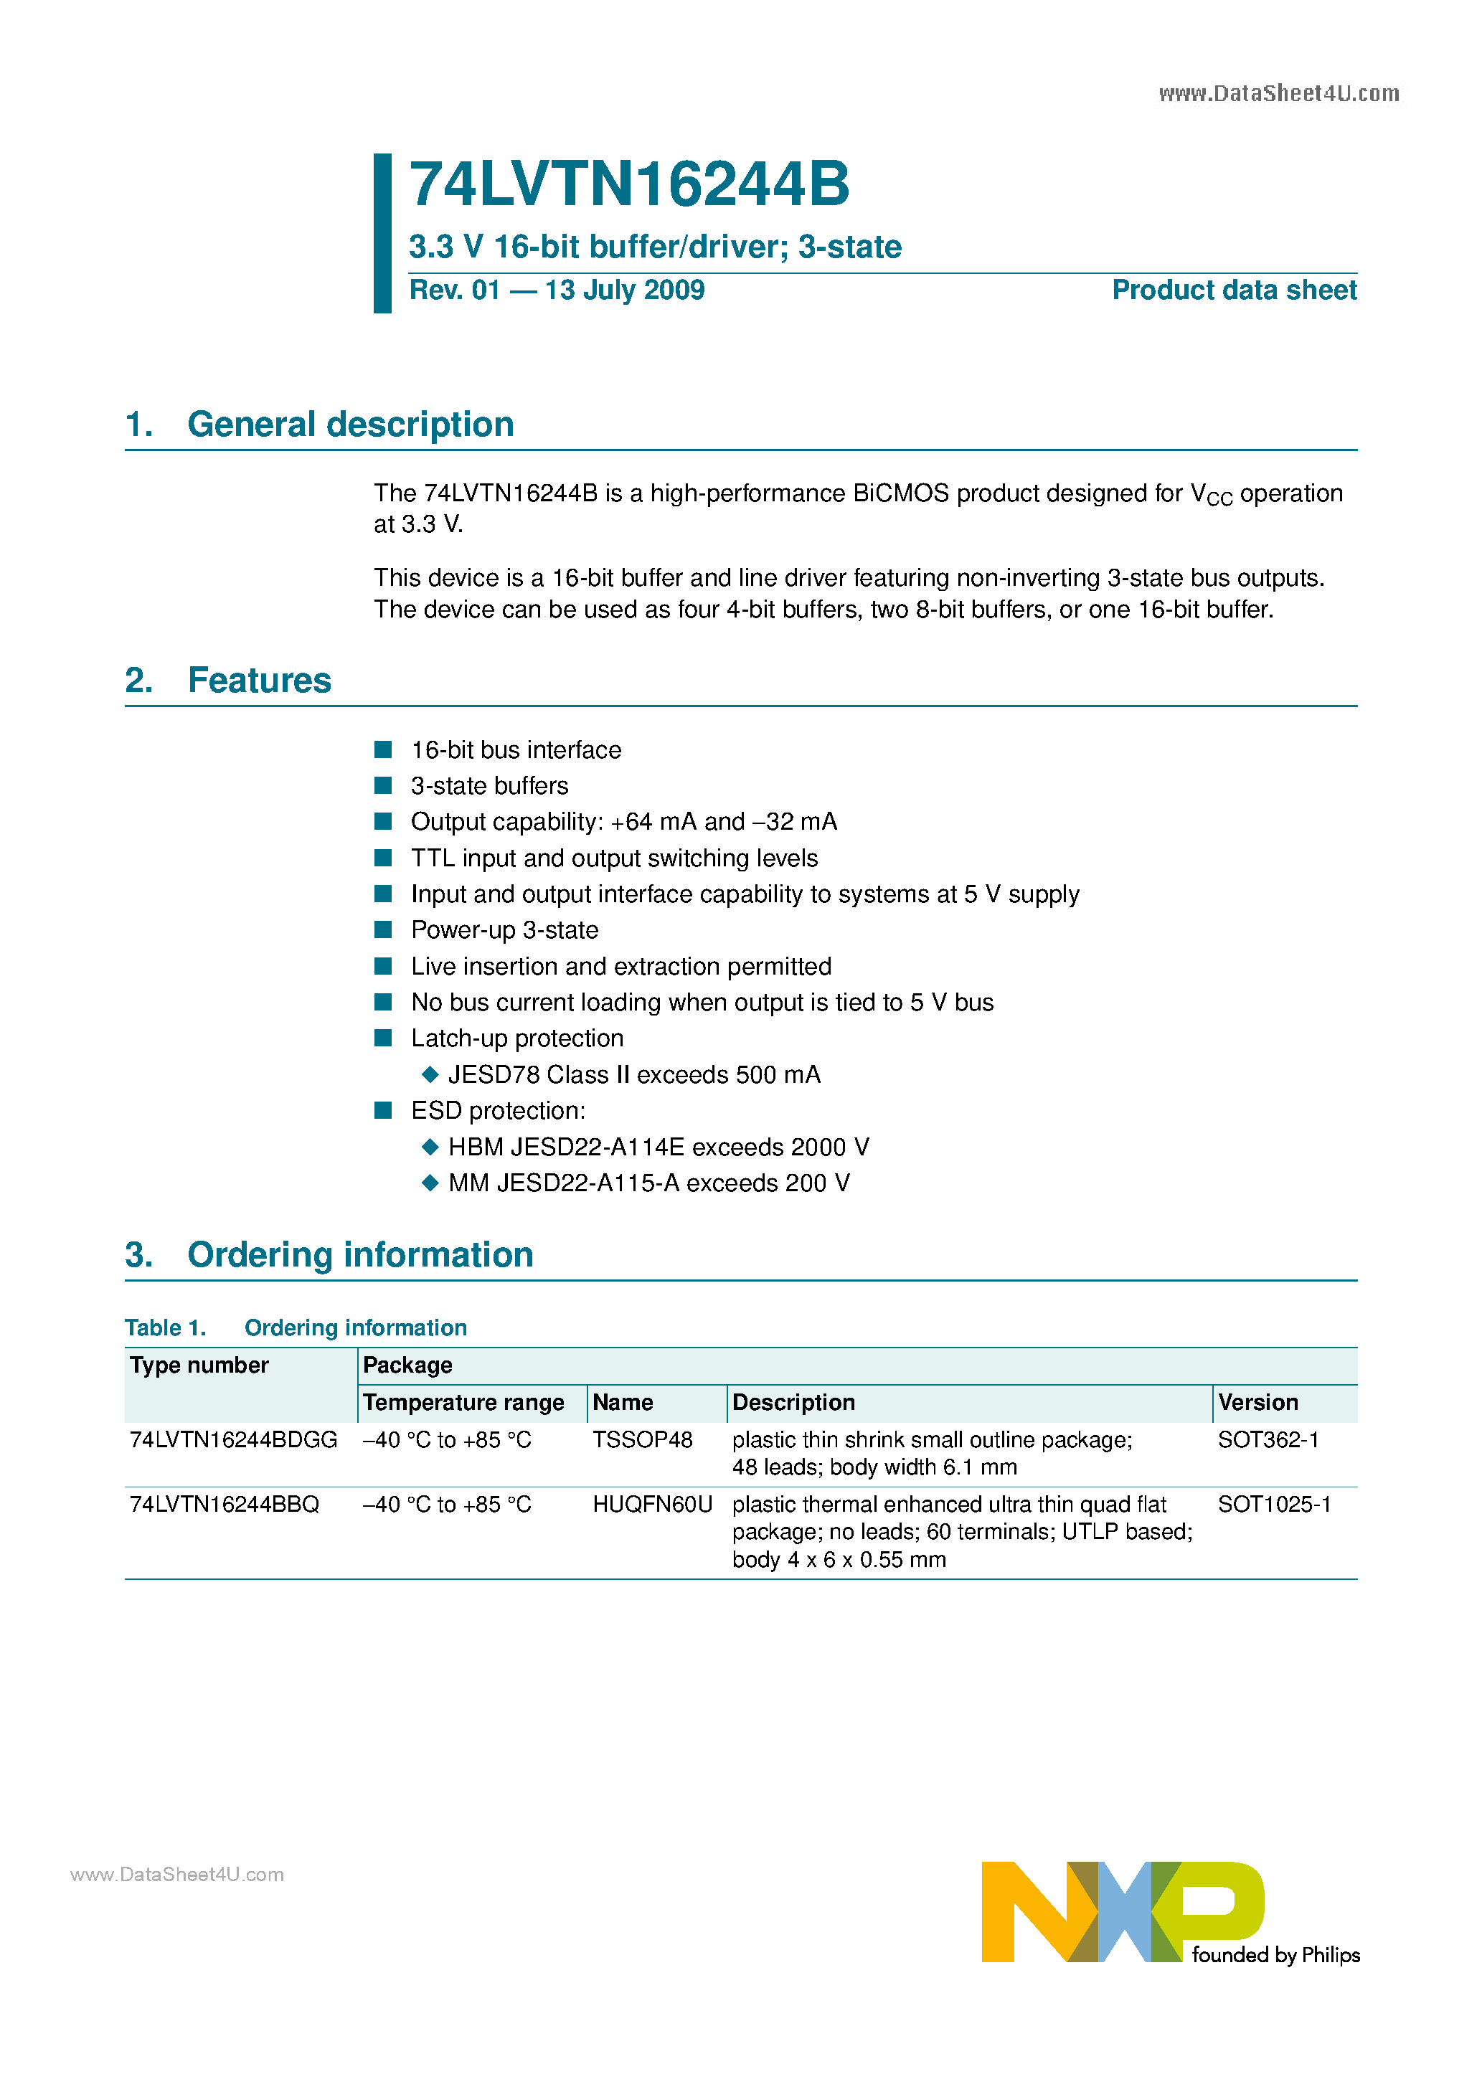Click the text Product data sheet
coord(1234,290)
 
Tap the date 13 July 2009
coord(624,290)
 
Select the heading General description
coord(350,425)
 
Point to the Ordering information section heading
coord(360,1255)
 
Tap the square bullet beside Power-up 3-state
coord(384,929)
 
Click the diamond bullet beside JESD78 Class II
coord(430,1075)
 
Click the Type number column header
coord(199,1365)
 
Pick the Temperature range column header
coord(463,1403)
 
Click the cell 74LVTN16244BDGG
coord(233,1440)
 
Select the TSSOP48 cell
coord(642,1440)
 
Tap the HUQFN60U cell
coord(652,1505)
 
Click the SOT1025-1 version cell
coord(1274,1505)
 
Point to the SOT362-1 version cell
coord(1268,1440)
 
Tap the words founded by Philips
coord(1275,1954)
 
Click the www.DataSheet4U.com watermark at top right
coord(1278,94)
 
